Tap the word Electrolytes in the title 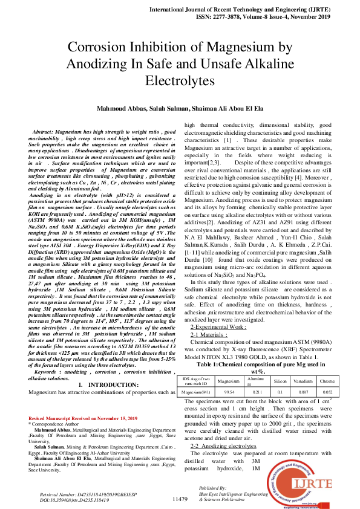[180, 80]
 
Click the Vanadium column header [303, 365]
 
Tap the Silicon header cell [280, 365]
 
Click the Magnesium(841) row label [197, 375]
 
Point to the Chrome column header [327, 365]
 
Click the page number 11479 [180, 499]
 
